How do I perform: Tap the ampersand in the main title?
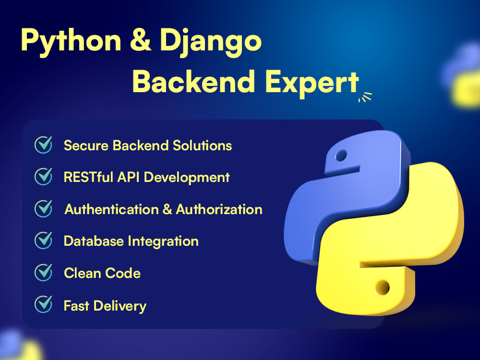point(141,39)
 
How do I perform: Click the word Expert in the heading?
point(312,82)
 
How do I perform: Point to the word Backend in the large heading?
point(193,81)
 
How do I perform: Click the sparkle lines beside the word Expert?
point(365,97)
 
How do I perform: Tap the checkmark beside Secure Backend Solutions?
point(43,144)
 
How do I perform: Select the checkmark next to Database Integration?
point(43,240)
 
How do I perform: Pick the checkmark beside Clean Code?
point(43,273)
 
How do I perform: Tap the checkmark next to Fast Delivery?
point(43,304)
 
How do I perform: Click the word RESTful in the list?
point(88,177)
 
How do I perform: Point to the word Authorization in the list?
point(219,209)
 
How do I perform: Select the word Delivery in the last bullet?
point(120,306)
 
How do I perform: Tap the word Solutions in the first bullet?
point(203,145)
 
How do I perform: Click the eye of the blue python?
point(341,156)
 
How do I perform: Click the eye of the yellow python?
point(383,287)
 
